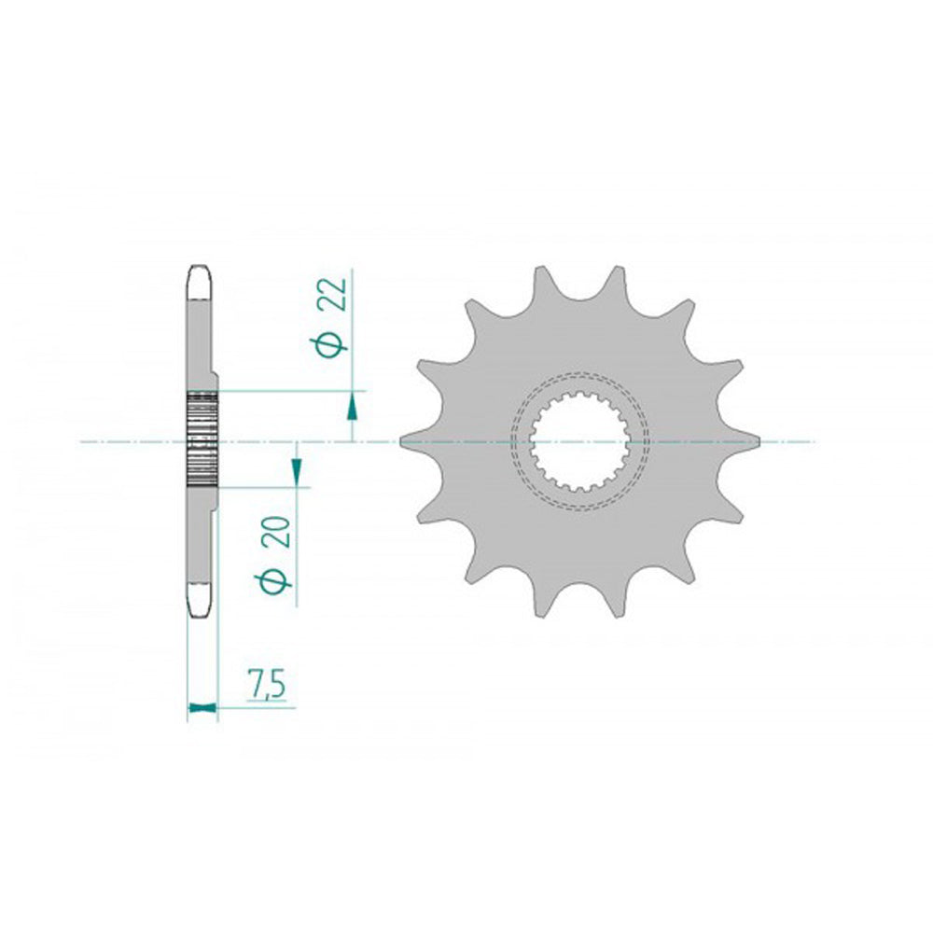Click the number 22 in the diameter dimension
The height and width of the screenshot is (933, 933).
click(x=336, y=293)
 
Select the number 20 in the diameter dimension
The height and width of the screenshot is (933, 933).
click(x=280, y=532)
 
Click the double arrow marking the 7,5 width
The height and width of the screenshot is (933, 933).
click(x=202, y=707)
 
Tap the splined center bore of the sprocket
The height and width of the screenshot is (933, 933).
click(x=580, y=441)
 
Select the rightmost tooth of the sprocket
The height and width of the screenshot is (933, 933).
click(x=748, y=441)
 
